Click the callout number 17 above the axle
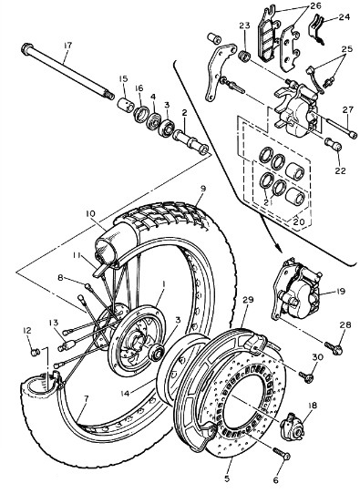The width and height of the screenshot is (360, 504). click(67, 46)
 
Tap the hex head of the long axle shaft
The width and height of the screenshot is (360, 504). click(26, 48)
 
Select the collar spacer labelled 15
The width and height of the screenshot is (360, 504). click(125, 105)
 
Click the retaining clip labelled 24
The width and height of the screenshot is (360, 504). click(317, 29)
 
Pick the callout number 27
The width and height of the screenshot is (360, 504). click(347, 109)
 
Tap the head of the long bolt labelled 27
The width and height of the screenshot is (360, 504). click(353, 134)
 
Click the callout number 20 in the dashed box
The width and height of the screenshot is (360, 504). click(299, 221)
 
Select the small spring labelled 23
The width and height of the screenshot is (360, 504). click(245, 56)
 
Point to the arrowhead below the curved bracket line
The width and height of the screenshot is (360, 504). click(277, 247)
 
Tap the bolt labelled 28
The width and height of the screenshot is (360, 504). click(334, 348)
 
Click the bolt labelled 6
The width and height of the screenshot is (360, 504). click(282, 454)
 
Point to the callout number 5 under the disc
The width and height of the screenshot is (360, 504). click(227, 478)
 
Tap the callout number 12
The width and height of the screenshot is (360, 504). click(27, 330)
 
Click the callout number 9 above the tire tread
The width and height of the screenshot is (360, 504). click(202, 189)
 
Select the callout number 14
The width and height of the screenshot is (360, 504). click(126, 393)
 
